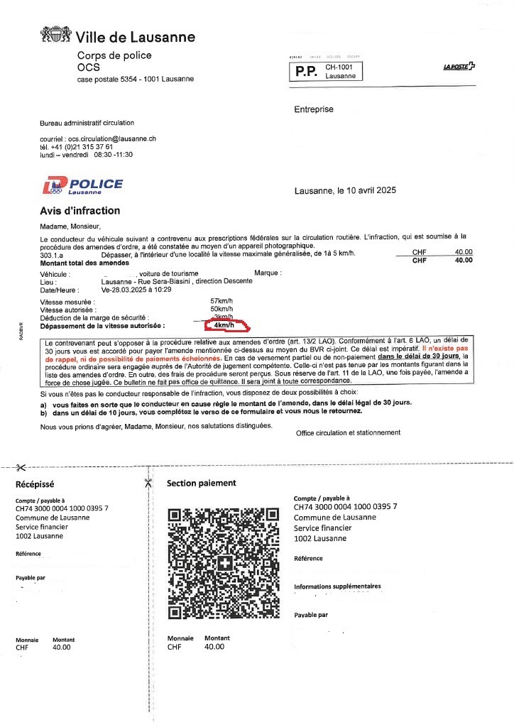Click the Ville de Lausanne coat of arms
point(55,35)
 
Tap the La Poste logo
point(459,67)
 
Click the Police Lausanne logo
point(82,186)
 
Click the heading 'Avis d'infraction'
point(80,211)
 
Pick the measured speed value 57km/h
point(223,302)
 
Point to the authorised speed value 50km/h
point(223,310)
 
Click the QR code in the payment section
point(222,563)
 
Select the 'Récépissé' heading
point(35,484)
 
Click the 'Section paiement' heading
point(201,483)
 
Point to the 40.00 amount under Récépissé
point(62,647)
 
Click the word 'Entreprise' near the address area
point(314,109)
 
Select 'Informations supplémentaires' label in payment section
point(337,586)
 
